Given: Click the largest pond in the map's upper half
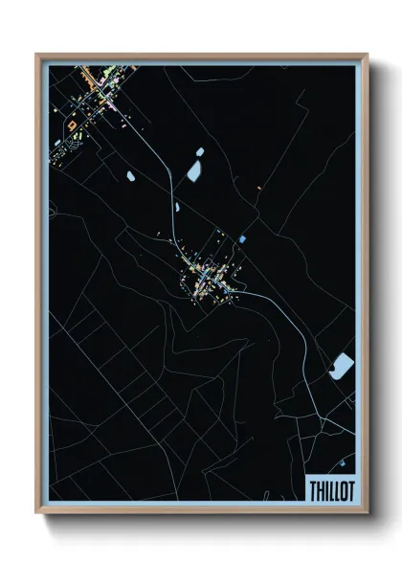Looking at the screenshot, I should tap(193, 171).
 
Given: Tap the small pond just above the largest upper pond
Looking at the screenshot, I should tap(201, 150).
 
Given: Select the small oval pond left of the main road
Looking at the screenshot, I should tap(131, 175).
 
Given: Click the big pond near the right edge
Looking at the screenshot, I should tap(341, 366).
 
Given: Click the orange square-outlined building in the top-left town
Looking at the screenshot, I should tap(71, 124).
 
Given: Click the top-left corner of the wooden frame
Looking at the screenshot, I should tap(37, 55).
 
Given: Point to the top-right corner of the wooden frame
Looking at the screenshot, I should tap(368, 56).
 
